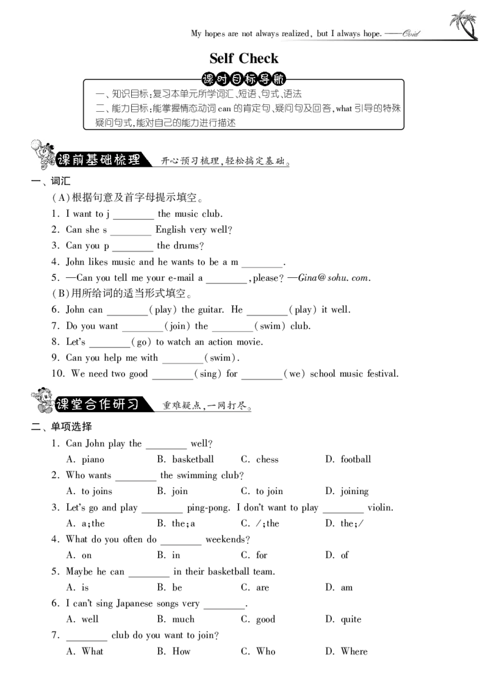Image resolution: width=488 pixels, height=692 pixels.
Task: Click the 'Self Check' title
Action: point(244,58)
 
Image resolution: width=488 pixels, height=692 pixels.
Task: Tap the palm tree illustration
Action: point(464,25)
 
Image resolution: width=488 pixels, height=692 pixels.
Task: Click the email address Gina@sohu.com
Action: point(334,278)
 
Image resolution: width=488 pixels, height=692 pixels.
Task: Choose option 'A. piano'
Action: point(85,459)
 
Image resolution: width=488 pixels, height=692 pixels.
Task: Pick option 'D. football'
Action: point(348,459)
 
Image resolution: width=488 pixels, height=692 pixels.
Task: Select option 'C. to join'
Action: point(262,491)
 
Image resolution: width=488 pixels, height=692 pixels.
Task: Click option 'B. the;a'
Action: point(176,523)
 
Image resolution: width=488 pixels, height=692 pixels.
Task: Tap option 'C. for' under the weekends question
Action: point(254,555)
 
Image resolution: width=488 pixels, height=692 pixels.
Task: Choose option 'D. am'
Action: point(339,588)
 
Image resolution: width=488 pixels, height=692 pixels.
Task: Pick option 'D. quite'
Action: point(343,619)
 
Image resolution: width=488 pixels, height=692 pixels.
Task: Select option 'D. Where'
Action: point(346,652)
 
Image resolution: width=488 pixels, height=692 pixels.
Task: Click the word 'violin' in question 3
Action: point(379,508)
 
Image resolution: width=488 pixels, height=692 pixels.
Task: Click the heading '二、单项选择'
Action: point(61,426)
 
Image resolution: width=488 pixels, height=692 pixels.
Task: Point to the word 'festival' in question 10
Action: point(382,374)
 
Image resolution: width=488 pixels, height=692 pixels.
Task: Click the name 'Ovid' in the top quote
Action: point(411,34)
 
